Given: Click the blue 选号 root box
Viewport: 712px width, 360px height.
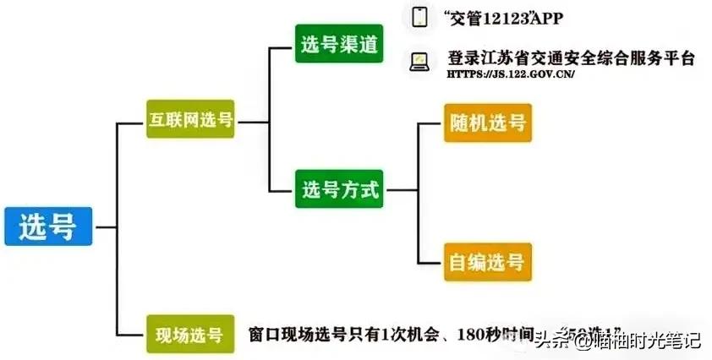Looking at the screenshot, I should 48,226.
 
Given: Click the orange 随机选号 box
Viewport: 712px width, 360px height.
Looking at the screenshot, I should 487,123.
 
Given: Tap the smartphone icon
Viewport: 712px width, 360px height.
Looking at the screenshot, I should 419,17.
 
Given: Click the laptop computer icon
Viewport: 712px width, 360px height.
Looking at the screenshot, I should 419,60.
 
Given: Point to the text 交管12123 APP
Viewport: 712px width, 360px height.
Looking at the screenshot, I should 501,17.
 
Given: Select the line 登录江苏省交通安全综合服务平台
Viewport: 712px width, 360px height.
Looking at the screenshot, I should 571,58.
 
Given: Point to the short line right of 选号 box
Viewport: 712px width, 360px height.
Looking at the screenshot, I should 106,226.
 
